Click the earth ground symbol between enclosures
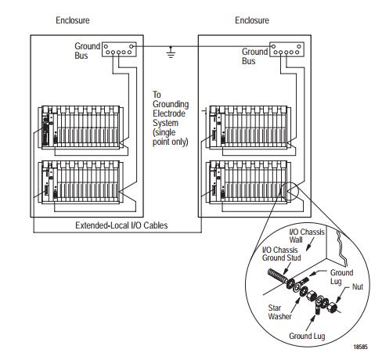(x=171, y=53)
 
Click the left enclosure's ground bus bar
(x=119, y=49)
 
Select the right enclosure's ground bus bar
(x=286, y=49)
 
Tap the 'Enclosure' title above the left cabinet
(x=73, y=20)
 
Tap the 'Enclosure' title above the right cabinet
(x=252, y=20)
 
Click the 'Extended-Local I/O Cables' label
(x=121, y=225)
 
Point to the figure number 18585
(x=360, y=347)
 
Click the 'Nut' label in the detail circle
(x=358, y=286)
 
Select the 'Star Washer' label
(x=279, y=312)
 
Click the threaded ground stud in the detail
(x=277, y=276)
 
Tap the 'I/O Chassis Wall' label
(x=307, y=236)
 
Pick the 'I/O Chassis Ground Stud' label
(x=281, y=254)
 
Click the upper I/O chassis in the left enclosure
(x=81, y=128)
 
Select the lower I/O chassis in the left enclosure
(x=81, y=182)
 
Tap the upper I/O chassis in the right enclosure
(x=248, y=128)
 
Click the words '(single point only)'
(x=170, y=137)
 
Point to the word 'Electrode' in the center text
(x=169, y=113)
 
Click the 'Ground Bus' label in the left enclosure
(x=87, y=51)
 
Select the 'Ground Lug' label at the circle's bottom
(x=307, y=336)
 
